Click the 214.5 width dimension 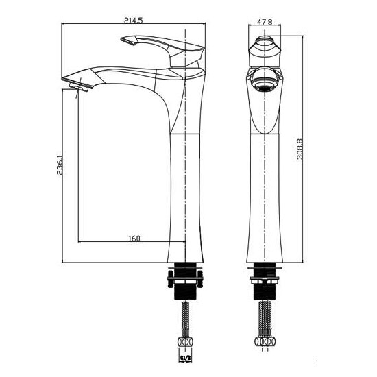pyautogui.click(x=133, y=21)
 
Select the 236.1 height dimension pyautogui.click(x=60, y=165)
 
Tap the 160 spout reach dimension pyautogui.click(x=134, y=239)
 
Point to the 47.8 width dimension pyautogui.click(x=265, y=22)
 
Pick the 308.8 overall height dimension pyautogui.click(x=300, y=149)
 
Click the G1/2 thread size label pyautogui.click(x=185, y=358)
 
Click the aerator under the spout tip pyautogui.click(x=79, y=87)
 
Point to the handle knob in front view pyautogui.click(x=265, y=51)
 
